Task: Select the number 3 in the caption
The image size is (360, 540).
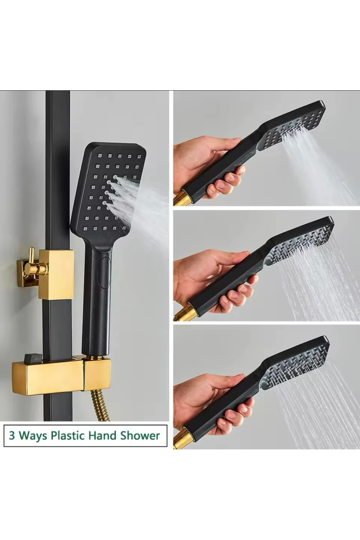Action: pyautogui.click(x=12, y=436)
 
